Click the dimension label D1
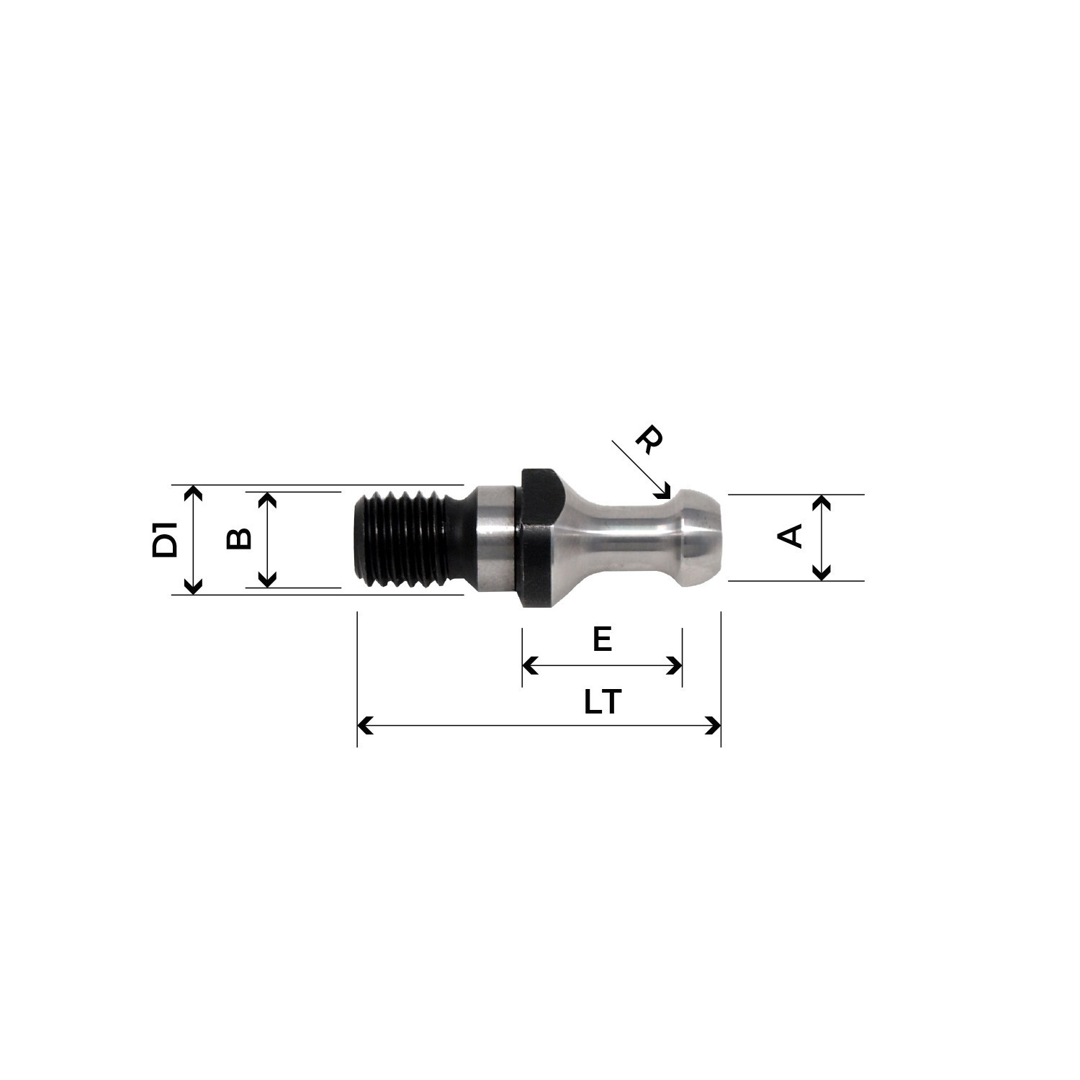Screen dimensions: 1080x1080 click(x=165, y=540)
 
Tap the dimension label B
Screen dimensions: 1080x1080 click(x=238, y=539)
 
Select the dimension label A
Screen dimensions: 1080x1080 click(x=791, y=536)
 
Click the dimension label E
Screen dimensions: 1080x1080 click(x=602, y=639)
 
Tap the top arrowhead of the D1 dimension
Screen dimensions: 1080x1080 click(x=192, y=492)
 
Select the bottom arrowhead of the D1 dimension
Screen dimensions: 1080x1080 click(x=192, y=587)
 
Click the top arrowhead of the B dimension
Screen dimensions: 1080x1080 click(x=267, y=499)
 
